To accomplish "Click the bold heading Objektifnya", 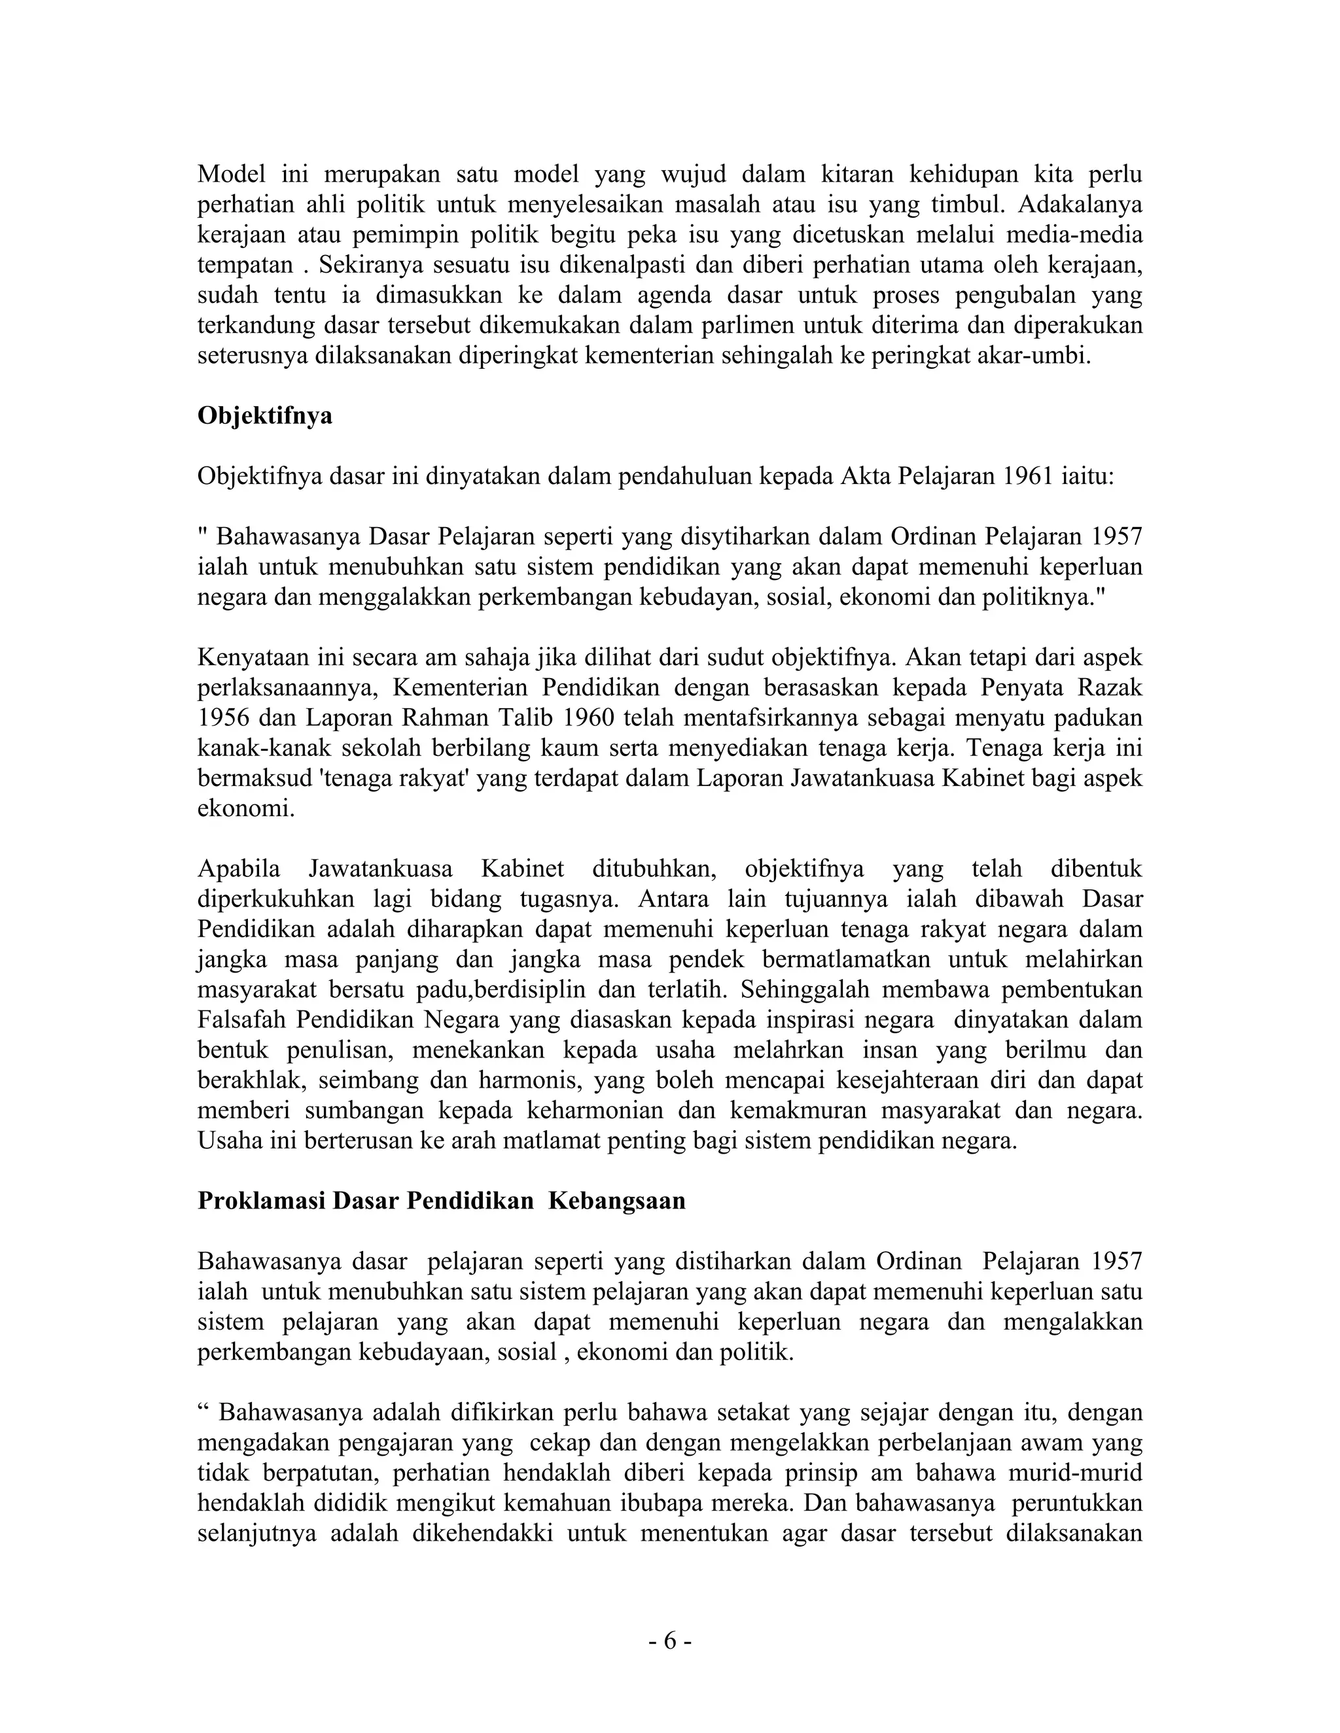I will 264,416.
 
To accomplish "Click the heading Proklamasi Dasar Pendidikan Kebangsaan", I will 442,1201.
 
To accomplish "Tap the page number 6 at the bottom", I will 669,1641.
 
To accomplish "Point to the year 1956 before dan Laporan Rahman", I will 223,718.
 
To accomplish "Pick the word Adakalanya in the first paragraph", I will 1080,204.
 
